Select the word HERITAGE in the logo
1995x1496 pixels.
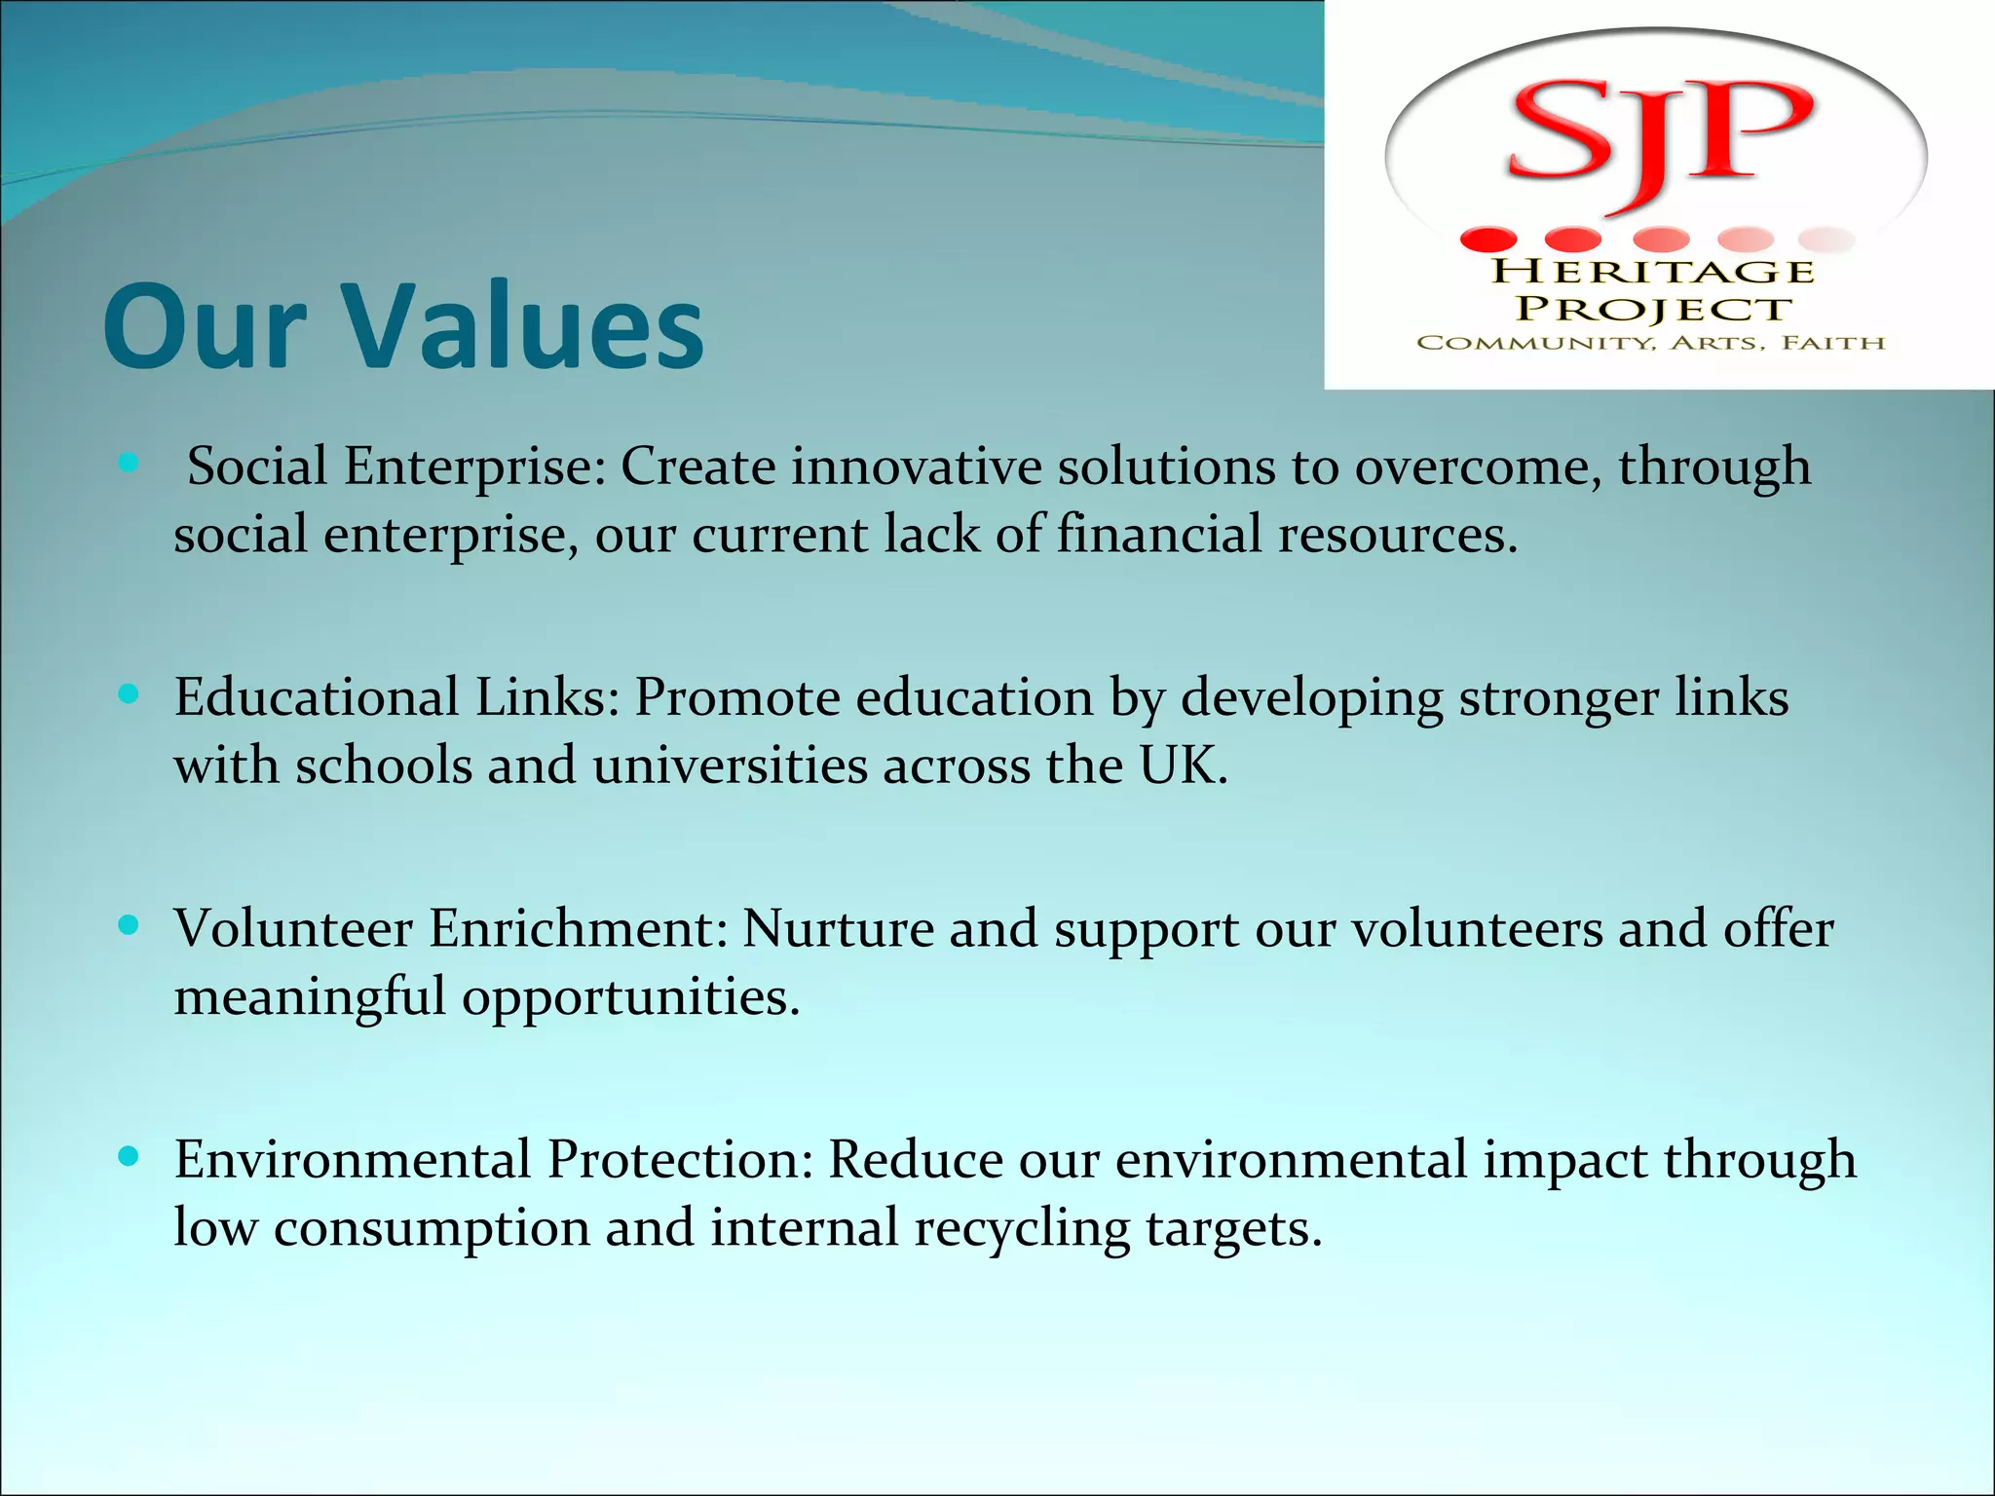coord(1653,271)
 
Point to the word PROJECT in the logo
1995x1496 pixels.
coord(1653,309)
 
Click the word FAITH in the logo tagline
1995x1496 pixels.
coord(1833,343)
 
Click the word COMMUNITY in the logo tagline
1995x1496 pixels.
coord(1534,343)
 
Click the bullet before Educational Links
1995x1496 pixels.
coord(128,694)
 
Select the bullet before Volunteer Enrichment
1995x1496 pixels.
coord(128,925)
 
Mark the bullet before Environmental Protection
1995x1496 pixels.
coord(128,1156)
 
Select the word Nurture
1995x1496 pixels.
coord(838,928)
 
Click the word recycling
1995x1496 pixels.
coord(1021,1228)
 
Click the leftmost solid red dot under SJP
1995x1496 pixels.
coord(1488,239)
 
